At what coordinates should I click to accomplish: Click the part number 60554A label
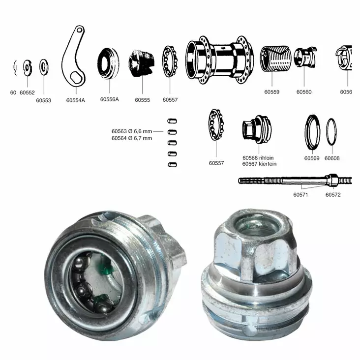pyautogui.click(x=76, y=100)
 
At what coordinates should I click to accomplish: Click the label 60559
pyautogui.click(x=271, y=91)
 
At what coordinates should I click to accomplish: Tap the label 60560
pyautogui.click(x=303, y=91)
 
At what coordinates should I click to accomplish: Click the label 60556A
pyautogui.click(x=110, y=99)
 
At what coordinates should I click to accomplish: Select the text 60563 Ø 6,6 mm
pyautogui.click(x=132, y=131)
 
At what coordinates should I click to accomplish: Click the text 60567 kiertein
pyautogui.click(x=259, y=164)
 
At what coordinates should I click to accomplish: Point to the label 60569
pyautogui.click(x=312, y=158)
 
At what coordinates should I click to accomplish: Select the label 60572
pyautogui.click(x=333, y=195)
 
